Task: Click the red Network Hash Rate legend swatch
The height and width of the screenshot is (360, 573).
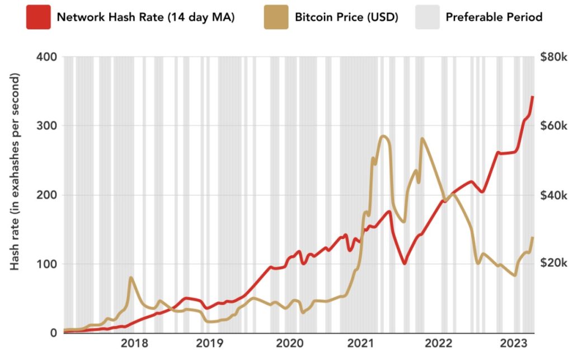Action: coord(37,17)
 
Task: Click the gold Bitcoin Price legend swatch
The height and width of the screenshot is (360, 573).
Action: coord(276,17)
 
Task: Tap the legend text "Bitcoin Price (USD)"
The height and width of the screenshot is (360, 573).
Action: coord(346,17)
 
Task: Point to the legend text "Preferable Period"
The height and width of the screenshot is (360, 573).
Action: coord(494,17)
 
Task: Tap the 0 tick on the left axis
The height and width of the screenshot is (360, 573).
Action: coord(53,333)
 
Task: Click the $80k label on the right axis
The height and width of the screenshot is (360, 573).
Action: coord(554,57)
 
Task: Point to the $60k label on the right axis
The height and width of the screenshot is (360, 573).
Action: coord(554,125)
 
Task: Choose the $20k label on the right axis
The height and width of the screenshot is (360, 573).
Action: coord(554,264)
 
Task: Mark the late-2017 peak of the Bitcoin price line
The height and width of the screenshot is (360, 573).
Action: coord(131,278)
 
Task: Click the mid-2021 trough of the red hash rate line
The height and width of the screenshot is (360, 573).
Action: coord(404,263)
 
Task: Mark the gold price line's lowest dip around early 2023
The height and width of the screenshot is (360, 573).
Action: coord(514,275)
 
